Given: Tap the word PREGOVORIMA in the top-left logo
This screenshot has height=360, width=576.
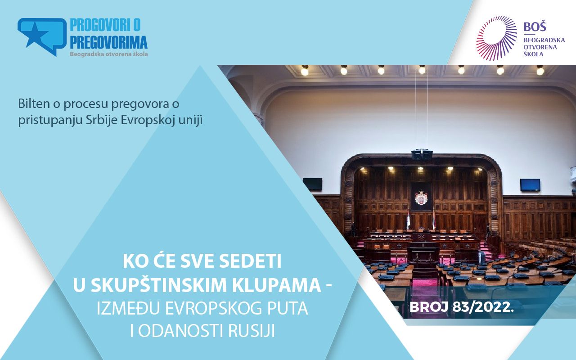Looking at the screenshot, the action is pos(109,42).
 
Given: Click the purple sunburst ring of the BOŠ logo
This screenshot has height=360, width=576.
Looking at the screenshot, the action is pos(496,38).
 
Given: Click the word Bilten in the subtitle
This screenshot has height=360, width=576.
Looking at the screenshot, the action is pos(34,103).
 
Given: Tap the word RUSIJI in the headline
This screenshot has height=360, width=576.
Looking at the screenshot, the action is pos(251,330).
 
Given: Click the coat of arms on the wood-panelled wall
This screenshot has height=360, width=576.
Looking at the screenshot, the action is pos(421,198).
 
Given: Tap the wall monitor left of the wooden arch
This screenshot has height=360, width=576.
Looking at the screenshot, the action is pos(312,184).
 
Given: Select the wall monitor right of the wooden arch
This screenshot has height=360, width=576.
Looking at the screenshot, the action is pos(530,184).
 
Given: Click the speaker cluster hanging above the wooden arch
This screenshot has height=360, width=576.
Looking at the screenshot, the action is pos(422,154).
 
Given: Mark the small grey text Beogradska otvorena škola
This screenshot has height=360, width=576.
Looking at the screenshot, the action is pos(109,54).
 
